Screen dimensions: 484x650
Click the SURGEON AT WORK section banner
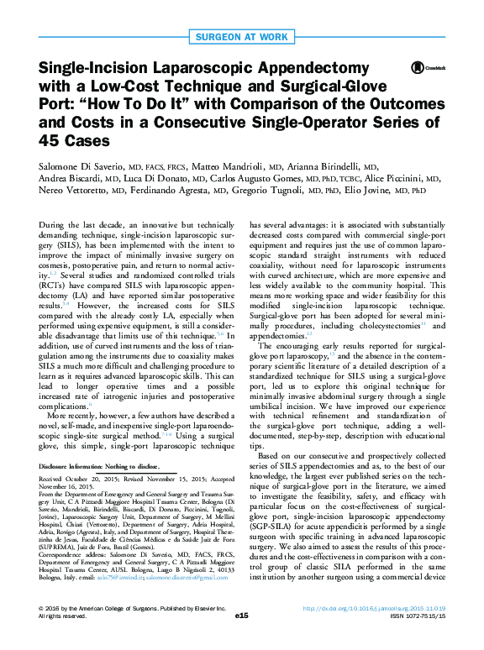pos(241,36)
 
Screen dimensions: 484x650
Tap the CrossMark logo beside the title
pos(420,67)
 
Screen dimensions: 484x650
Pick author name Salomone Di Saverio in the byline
pos(83,166)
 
